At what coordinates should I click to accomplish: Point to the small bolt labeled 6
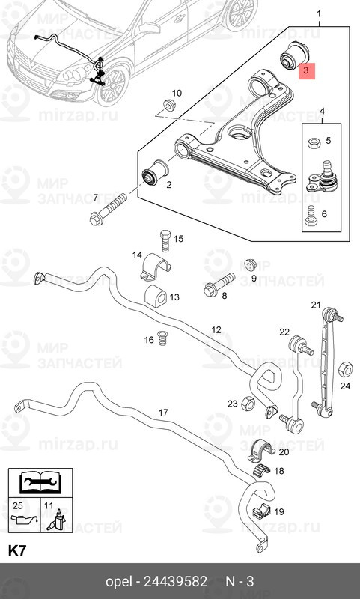(x=310, y=216)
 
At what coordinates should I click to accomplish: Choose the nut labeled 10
(x=168, y=105)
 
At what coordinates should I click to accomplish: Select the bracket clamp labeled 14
(x=156, y=267)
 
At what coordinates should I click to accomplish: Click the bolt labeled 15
(x=165, y=240)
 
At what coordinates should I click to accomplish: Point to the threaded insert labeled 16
(x=163, y=338)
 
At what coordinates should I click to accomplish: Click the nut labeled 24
(x=346, y=368)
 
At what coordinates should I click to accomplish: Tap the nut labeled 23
(x=248, y=403)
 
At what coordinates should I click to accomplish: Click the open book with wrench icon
(x=41, y=482)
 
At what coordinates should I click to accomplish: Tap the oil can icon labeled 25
(x=25, y=520)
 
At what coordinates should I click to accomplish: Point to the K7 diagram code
(x=17, y=551)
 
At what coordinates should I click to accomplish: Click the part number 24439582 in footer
(x=175, y=581)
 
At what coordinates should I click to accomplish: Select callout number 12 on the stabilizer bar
(x=216, y=329)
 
